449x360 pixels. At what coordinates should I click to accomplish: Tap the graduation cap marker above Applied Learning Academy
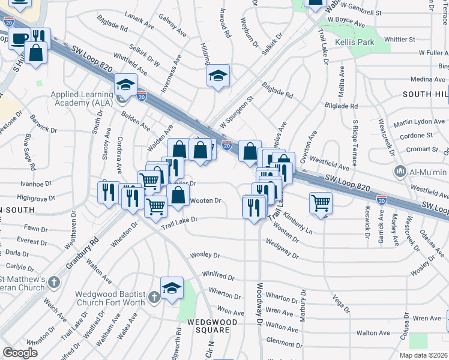click(125, 85)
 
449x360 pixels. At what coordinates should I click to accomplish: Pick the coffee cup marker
click(19, 39)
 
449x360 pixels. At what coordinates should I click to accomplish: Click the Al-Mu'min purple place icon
click(401, 172)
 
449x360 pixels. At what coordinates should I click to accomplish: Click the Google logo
click(20, 353)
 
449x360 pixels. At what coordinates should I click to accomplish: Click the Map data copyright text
click(423, 355)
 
